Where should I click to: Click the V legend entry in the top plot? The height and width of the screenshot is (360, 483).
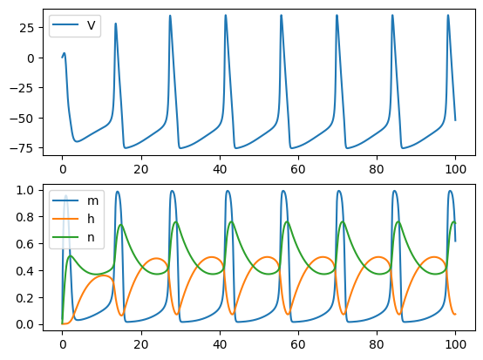(x=74, y=25)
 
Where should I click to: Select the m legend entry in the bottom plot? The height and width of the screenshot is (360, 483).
(x=76, y=200)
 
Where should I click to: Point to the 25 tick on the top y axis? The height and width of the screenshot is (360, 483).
(x=26, y=28)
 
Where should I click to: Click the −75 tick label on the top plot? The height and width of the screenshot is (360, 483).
(x=22, y=148)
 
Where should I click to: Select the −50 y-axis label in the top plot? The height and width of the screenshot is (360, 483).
(x=22, y=119)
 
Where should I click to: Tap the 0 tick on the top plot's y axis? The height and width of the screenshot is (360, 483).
(x=31, y=58)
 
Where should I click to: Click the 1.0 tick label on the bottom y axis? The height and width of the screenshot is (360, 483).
(x=25, y=190)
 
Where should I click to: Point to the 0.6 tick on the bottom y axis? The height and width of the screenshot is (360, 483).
(x=25, y=244)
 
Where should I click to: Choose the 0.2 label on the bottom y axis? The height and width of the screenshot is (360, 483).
(x=25, y=298)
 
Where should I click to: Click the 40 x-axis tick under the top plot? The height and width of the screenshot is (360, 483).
(x=220, y=169)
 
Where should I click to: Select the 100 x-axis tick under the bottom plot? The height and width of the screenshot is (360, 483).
(x=456, y=344)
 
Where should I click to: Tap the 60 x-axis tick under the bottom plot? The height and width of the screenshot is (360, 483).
(x=298, y=344)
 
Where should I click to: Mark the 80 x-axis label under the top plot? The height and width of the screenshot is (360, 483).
(x=377, y=169)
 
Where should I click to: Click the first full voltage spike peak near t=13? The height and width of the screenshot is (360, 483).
(x=115, y=23)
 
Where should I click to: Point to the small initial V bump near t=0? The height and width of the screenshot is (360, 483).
(x=65, y=53)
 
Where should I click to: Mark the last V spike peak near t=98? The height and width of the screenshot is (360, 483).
(x=448, y=15)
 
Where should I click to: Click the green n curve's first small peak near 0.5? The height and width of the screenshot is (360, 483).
(x=71, y=255)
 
